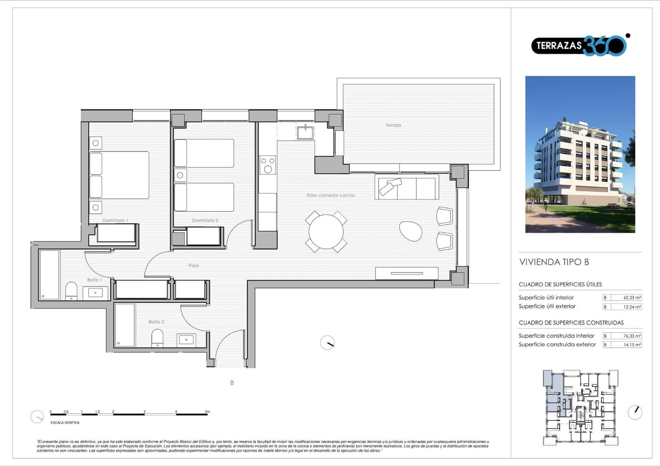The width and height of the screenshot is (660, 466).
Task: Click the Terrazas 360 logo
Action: pyautogui.click(x=579, y=45)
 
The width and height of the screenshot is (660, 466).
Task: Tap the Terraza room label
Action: pyautogui.click(x=393, y=125)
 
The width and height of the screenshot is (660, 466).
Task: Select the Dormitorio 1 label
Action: pyautogui.click(x=115, y=220)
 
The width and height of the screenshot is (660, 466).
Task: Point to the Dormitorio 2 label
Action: pyautogui.click(x=205, y=220)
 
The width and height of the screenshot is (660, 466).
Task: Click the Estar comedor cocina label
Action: pyautogui.click(x=330, y=195)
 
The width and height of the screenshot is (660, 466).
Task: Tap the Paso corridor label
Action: pyautogui.click(x=193, y=265)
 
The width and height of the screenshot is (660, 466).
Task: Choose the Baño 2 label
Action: pyautogui.click(x=156, y=322)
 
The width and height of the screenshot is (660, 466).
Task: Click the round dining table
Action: pyautogui.click(x=326, y=232)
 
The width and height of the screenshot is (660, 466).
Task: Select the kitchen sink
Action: pyautogui.click(x=305, y=133)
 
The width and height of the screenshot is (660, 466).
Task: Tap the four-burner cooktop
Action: pyautogui.click(x=268, y=165)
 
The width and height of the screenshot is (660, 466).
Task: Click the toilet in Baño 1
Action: pyautogui.click(x=71, y=290)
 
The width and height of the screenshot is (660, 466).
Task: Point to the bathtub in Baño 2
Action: pyautogui.click(x=125, y=325)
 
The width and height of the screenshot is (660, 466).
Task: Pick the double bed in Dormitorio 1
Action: pyautogui.click(x=119, y=175)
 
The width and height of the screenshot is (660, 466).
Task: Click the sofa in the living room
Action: pyautogui.click(x=407, y=187)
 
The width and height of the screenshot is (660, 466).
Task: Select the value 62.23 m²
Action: pyautogui.click(x=632, y=297)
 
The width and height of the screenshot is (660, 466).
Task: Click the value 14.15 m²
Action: pyautogui.click(x=632, y=345)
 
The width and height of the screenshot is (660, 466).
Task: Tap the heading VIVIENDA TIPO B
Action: pyautogui.click(x=554, y=262)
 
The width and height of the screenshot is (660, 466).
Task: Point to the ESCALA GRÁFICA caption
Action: pyautogui.click(x=65, y=422)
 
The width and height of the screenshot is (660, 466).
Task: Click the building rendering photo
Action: pyautogui.click(x=580, y=154)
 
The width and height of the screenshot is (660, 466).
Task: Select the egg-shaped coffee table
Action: pyautogui.click(x=410, y=231)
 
